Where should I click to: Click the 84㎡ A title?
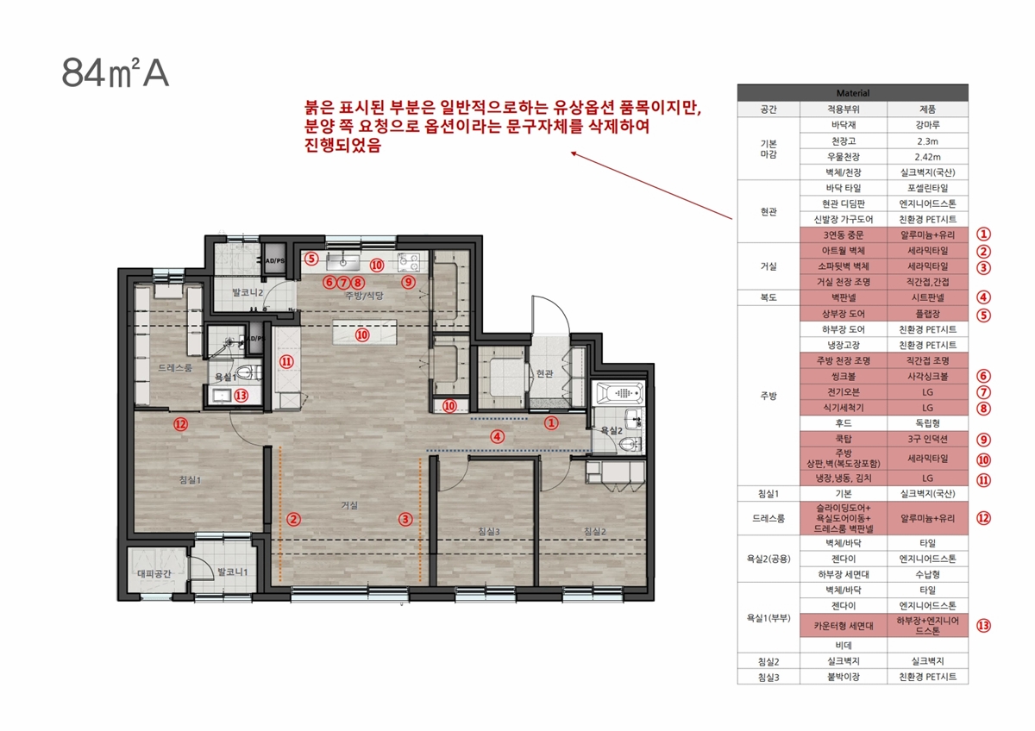pyautogui.click(x=115, y=73)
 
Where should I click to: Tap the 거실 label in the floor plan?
pyautogui.click(x=349, y=505)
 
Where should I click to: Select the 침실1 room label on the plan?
pyautogui.click(x=190, y=480)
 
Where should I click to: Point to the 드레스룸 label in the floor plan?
pyautogui.click(x=174, y=368)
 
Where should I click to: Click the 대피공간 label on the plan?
pyautogui.click(x=154, y=573)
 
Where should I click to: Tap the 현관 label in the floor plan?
pyautogui.click(x=545, y=373)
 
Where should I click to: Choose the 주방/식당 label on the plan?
pyautogui.click(x=365, y=296)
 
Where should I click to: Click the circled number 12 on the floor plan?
pyautogui.click(x=180, y=424)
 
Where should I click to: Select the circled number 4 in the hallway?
pyautogui.click(x=497, y=436)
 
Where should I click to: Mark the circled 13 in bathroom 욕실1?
pyautogui.click(x=241, y=396)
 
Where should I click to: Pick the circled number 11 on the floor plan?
pyautogui.click(x=286, y=361)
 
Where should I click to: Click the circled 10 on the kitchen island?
pyautogui.click(x=362, y=334)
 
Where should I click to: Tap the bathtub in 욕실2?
pyautogui.click(x=619, y=393)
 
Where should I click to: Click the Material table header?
pyautogui.click(x=852, y=93)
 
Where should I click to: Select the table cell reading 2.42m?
pyautogui.click(x=927, y=157)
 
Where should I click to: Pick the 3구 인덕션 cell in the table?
pyautogui.click(x=927, y=439)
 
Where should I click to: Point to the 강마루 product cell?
pyautogui.click(x=927, y=125)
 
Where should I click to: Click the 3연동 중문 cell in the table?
pyautogui.click(x=844, y=234)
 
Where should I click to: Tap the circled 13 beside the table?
pyautogui.click(x=983, y=625)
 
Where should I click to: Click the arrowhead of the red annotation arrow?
pyautogui.click(x=573, y=153)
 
